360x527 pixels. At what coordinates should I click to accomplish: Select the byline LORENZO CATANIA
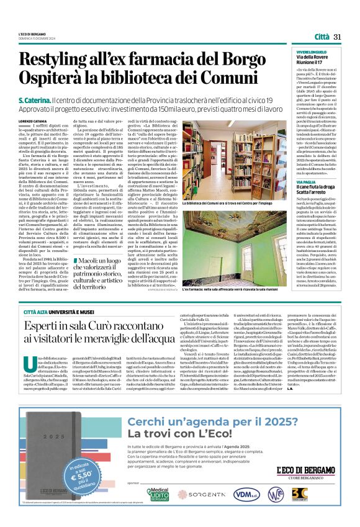pos(32,121)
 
